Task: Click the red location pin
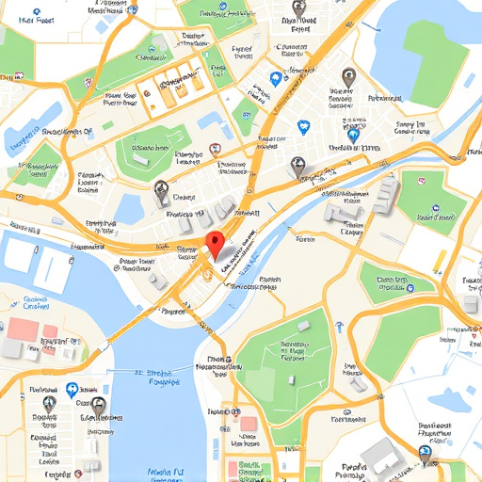(x=217, y=243)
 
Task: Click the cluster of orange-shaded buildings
(x=169, y=88)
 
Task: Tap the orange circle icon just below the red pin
(x=204, y=273)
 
